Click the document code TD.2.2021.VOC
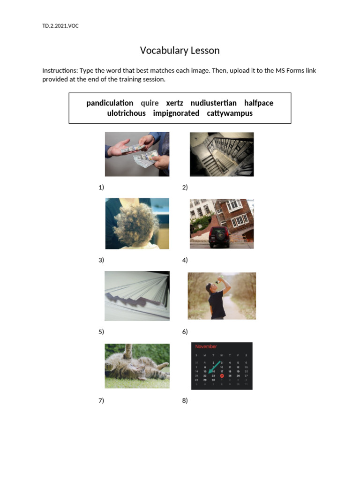(60, 26)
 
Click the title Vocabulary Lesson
(180, 50)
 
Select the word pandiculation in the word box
(110, 103)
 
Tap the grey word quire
(150, 103)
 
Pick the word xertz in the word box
(174, 103)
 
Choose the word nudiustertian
(213, 103)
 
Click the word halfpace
(258, 103)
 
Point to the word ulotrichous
(126, 113)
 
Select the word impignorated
(176, 113)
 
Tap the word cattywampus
(229, 113)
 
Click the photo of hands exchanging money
(137, 154)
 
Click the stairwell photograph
(221, 154)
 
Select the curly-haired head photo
(137, 223)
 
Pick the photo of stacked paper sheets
(137, 295)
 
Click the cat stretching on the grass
(137, 366)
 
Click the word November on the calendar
(206, 346)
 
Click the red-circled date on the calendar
(222, 375)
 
